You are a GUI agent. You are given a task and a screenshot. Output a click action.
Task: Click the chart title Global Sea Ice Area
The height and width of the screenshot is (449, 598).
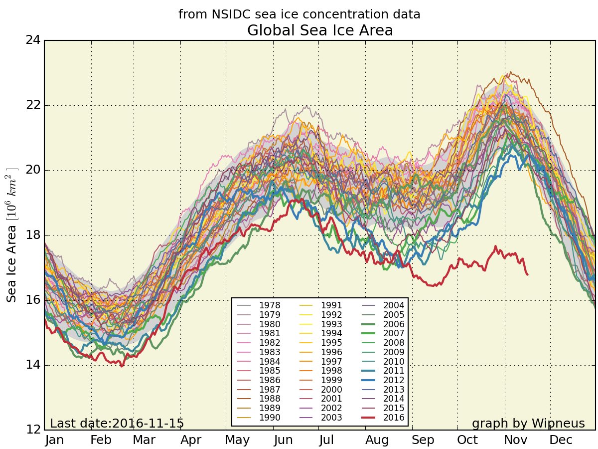click(320, 30)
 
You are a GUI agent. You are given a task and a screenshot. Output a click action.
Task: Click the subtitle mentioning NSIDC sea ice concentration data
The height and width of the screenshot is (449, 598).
click(299, 14)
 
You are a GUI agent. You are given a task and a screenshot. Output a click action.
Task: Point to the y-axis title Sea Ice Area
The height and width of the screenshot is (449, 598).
click(12, 234)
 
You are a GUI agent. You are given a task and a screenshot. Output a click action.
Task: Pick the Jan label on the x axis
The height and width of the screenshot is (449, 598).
click(54, 440)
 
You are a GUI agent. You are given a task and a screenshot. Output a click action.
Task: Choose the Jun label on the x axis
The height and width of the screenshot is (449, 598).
click(284, 440)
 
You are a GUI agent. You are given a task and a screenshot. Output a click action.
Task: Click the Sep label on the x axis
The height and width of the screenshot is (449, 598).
click(423, 440)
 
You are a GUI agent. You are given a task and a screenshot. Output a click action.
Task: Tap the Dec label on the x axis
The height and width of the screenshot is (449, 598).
click(561, 440)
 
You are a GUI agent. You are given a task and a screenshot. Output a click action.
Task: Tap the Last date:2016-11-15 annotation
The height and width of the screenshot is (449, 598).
click(117, 424)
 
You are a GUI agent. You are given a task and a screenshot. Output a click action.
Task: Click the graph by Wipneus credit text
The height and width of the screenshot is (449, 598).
click(528, 424)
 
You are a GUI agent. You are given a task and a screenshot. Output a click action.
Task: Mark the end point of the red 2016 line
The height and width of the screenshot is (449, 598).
click(527, 274)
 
